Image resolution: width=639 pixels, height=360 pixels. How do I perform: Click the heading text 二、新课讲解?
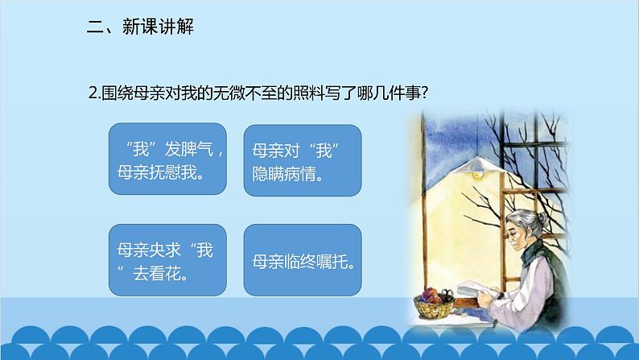pyautogui.click(x=140, y=27)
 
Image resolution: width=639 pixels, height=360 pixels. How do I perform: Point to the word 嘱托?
pyautogui.click(x=324, y=263)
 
